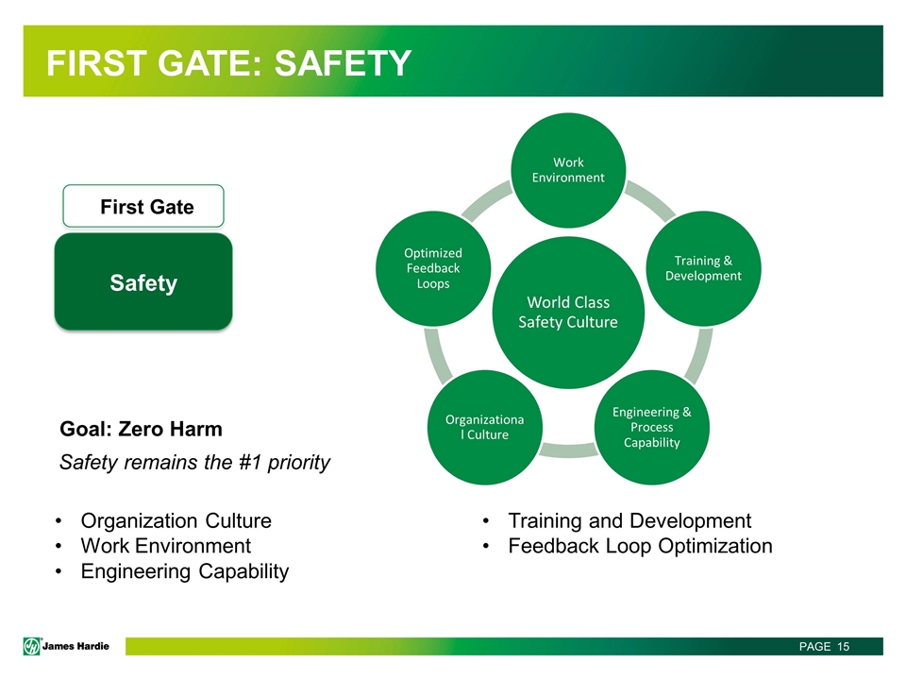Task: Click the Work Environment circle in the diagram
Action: [568, 170]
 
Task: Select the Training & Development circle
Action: [703, 268]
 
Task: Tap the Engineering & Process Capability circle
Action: [652, 427]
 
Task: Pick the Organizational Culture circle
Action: [485, 427]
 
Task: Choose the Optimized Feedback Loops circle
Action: [433, 268]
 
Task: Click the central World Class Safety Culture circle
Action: [568, 313]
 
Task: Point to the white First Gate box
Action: [143, 206]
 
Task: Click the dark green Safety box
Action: [143, 282]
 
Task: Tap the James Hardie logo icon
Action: [32, 646]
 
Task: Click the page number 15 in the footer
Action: [843, 646]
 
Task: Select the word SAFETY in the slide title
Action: [343, 63]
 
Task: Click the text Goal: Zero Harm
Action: [141, 429]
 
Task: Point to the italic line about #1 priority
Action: [194, 463]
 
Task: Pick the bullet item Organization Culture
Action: [176, 520]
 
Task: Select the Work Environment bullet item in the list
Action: [166, 546]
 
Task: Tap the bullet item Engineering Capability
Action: [185, 571]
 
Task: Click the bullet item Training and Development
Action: [629, 520]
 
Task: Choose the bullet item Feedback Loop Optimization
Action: [640, 546]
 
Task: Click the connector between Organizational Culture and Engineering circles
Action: [568, 450]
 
